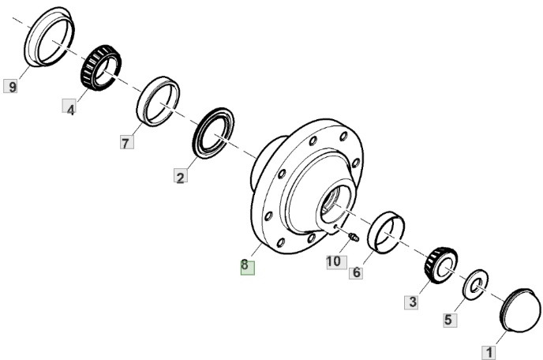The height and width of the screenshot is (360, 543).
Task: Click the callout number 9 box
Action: (x=11, y=86)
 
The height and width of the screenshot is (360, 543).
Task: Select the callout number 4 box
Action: (x=70, y=108)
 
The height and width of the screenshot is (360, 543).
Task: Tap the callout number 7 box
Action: (x=125, y=143)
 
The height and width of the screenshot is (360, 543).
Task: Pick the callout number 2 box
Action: (x=181, y=177)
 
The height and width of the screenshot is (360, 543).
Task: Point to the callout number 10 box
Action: (x=335, y=261)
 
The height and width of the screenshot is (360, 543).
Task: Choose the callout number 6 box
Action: (x=356, y=272)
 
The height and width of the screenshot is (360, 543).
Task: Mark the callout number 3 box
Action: (x=412, y=302)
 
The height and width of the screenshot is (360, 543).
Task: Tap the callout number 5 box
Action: (x=448, y=320)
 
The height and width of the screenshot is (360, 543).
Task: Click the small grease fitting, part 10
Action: (x=353, y=235)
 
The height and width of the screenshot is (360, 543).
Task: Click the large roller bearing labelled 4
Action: (x=100, y=65)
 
